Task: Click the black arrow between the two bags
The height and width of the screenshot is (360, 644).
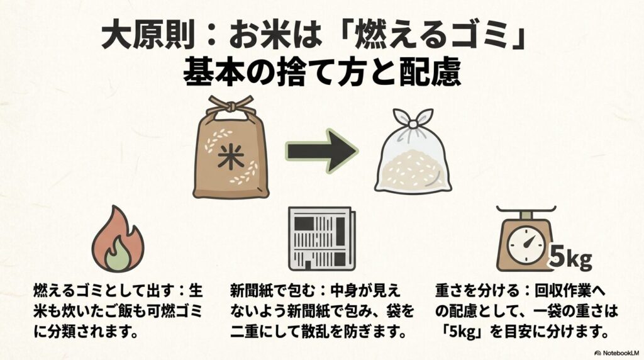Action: (x=321, y=152)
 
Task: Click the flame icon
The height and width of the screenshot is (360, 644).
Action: (x=118, y=239)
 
